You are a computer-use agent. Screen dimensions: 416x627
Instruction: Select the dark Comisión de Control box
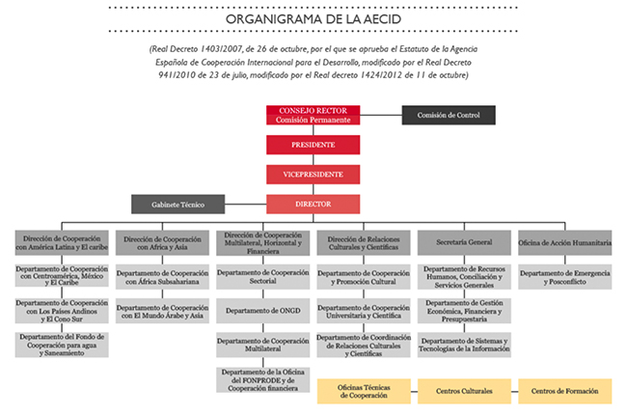[x=448, y=115]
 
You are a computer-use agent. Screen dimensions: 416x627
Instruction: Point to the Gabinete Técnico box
[x=178, y=205]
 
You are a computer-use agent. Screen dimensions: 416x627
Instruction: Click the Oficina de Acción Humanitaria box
[x=565, y=242]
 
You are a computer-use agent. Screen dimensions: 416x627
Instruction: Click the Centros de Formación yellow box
[x=565, y=391]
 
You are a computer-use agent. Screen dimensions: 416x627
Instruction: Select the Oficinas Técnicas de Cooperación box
[x=363, y=391]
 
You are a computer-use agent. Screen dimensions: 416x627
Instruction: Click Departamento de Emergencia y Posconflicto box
[x=565, y=278]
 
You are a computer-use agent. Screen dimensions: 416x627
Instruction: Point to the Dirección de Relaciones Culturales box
[x=363, y=242]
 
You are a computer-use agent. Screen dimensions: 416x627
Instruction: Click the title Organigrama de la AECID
[x=313, y=18]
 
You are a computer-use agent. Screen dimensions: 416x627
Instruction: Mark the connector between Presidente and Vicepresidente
[x=313, y=160]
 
